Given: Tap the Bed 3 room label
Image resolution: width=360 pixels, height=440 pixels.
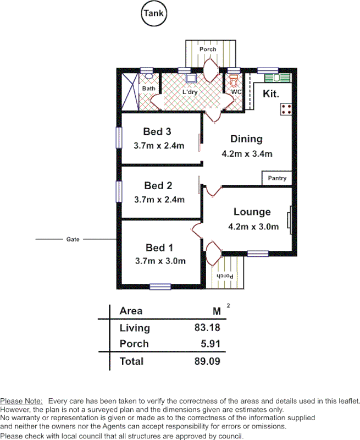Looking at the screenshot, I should (x=157, y=131).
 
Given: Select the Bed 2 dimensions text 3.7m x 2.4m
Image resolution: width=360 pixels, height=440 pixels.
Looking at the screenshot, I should (x=158, y=200).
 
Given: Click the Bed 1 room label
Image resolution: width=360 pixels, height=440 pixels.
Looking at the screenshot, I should (x=159, y=247).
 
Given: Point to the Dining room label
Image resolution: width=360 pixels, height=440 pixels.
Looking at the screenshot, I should (x=246, y=139).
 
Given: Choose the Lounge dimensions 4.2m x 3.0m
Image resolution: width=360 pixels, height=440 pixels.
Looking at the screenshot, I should (x=253, y=227).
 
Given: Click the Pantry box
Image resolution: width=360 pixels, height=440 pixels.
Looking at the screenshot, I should (x=276, y=178).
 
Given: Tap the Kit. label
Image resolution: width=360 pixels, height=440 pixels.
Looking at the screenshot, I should (x=271, y=94).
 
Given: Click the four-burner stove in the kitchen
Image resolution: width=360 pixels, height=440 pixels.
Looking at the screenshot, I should (x=286, y=109).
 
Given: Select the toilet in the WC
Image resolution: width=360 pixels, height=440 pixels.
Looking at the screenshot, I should (x=235, y=82).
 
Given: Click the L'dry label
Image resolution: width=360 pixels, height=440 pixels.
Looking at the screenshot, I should (x=190, y=92).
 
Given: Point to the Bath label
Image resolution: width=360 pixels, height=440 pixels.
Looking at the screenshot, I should (x=148, y=89).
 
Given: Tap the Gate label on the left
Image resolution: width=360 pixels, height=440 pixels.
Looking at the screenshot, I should (x=73, y=239).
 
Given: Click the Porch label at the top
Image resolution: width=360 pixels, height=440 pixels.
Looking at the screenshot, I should (x=208, y=50).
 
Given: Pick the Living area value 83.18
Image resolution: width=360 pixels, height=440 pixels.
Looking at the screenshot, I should (x=207, y=328).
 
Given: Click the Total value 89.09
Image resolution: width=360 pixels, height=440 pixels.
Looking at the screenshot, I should (x=207, y=361).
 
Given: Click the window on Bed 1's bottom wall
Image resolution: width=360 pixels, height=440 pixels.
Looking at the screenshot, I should (x=160, y=286).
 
